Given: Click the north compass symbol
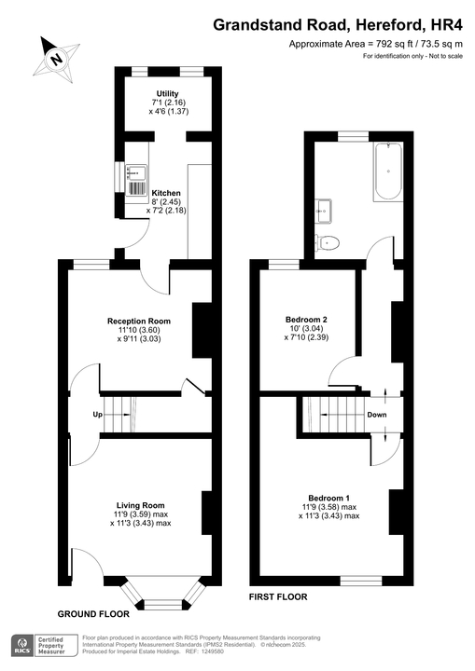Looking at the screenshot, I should point(56,58).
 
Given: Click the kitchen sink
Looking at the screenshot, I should point(134,172).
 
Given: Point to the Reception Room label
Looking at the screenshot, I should point(139,331).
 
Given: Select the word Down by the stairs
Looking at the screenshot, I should point(377,415).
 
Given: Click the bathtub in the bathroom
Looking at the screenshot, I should point(386,173).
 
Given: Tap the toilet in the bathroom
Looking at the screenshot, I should point(328,242).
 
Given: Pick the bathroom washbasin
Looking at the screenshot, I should point(324,208).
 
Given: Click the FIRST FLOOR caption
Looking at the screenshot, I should point(277,596).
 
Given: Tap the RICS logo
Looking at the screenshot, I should point(19,646).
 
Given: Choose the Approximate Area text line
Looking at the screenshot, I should point(376,45).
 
